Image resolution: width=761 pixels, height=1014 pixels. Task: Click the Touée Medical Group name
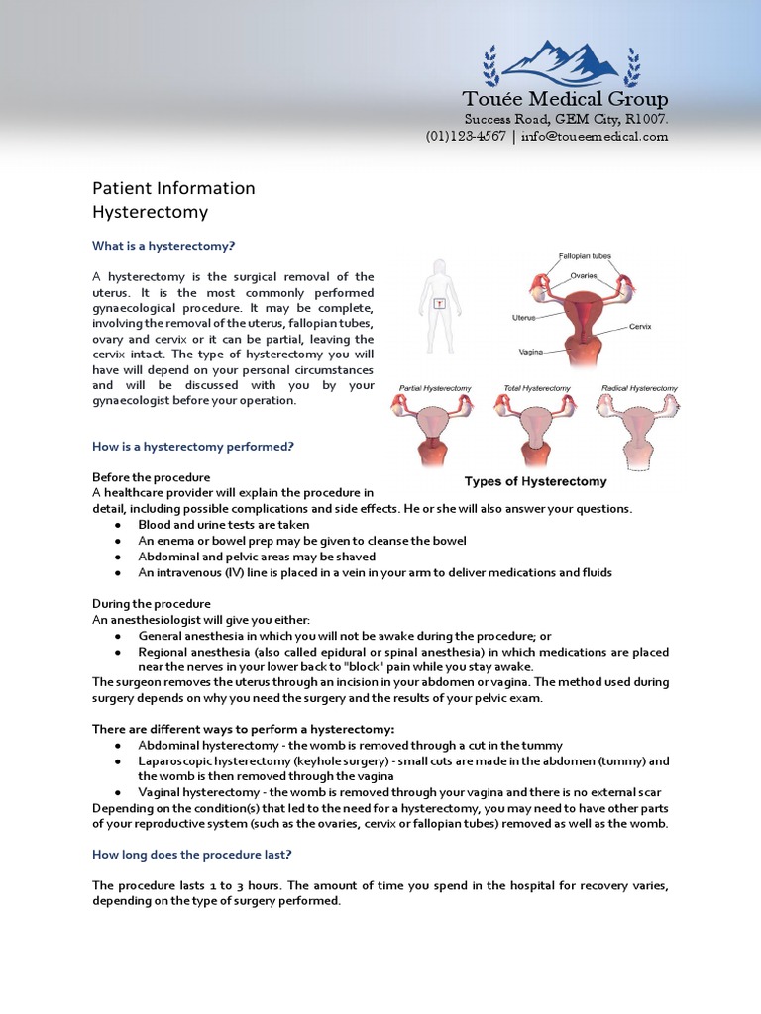coord(566,99)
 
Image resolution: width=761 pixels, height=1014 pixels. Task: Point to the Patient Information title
coord(173,188)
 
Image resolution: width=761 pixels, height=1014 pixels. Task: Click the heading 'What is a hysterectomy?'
coord(163,246)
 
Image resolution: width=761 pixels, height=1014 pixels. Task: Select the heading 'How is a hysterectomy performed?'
coord(193,447)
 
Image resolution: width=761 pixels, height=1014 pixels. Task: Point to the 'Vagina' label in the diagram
coord(530,351)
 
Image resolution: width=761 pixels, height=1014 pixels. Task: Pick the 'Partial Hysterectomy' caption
coord(435,388)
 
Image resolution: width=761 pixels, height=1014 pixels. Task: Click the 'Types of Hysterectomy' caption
coord(536,482)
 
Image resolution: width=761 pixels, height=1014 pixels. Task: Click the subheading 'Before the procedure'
coord(151,477)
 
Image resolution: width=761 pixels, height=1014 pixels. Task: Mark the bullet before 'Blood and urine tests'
coord(119,525)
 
